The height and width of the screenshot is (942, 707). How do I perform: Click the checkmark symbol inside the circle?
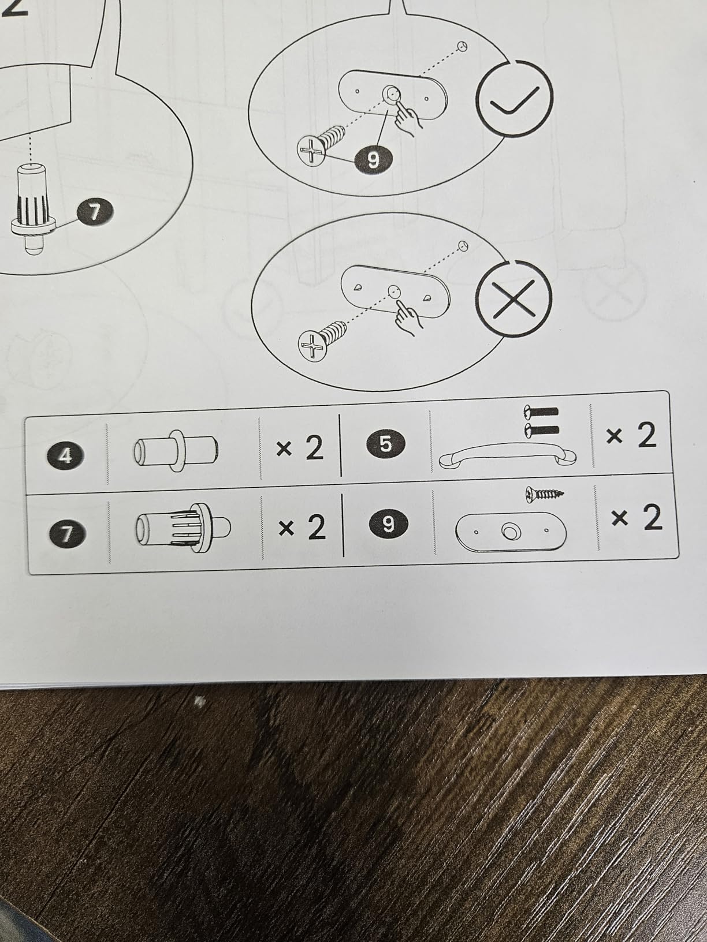click(x=513, y=101)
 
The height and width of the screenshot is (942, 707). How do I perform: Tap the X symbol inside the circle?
click(x=513, y=298)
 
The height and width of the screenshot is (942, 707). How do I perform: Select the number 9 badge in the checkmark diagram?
click(x=373, y=160)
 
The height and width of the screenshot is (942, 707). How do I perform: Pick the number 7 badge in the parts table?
click(x=66, y=534)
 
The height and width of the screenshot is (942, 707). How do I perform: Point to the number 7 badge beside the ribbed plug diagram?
click(x=95, y=212)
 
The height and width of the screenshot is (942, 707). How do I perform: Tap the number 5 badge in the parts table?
click(x=385, y=444)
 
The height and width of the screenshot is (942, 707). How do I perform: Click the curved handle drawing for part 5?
click(x=508, y=454)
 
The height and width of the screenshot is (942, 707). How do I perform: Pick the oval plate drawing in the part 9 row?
click(x=511, y=532)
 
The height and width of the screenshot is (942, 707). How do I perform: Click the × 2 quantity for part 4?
click(x=300, y=449)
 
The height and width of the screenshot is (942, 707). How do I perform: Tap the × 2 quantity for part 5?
click(x=631, y=435)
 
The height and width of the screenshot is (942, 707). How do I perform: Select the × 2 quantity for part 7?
click(x=302, y=528)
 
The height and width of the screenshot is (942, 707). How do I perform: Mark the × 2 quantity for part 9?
click(x=637, y=518)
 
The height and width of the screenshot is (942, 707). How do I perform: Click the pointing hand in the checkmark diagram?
click(x=408, y=117)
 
